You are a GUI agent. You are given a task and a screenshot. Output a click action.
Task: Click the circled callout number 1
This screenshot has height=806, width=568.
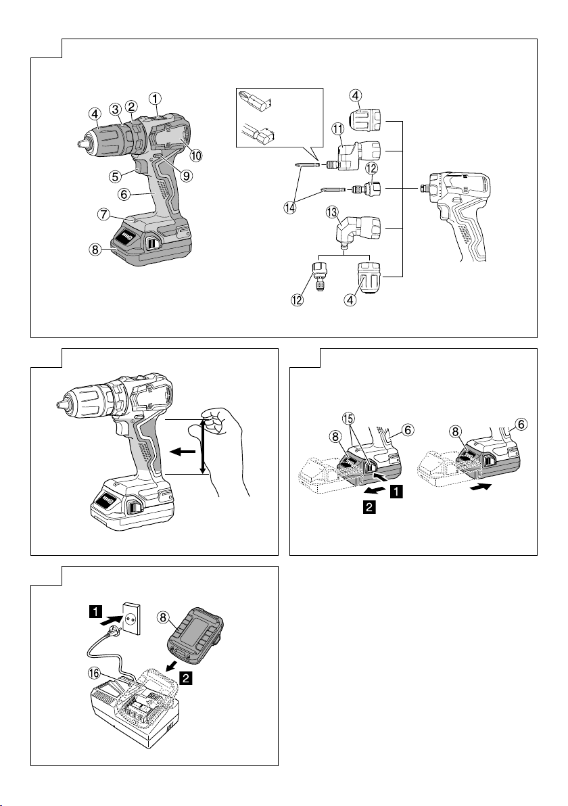click(156, 97)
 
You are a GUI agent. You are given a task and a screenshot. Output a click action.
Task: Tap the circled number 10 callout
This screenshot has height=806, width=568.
click(196, 156)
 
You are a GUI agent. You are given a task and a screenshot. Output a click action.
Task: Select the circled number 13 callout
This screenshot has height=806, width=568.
click(332, 213)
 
